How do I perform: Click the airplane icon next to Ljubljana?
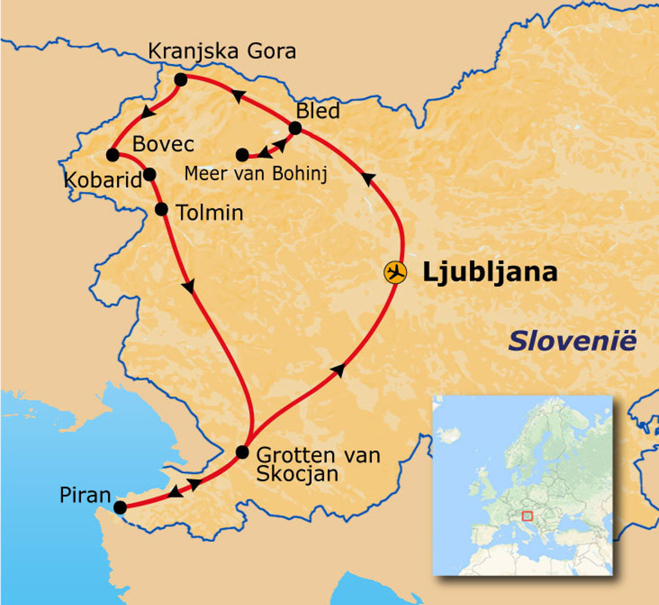(395, 272)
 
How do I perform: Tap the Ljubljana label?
(489, 272)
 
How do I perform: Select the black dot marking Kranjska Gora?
(181, 80)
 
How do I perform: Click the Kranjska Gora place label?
(222, 51)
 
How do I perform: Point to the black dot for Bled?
(295, 128)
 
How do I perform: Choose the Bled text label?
(317, 111)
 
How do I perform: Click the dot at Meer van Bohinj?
(242, 155)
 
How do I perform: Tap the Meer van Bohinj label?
(255, 174)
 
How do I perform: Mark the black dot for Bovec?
(113, 155)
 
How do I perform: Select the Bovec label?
(163, 144)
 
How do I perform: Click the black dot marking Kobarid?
(149, 174)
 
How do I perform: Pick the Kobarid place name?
(102, 180)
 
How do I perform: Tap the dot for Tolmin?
(162, 209)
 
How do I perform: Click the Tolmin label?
(210, 212)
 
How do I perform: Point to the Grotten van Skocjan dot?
(242, 452)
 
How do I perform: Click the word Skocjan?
(297, 474)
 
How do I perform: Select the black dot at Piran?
(120, 507)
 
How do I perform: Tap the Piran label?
(85, 495)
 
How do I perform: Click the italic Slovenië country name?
(572, 341)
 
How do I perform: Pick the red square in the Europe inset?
(527, 515)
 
